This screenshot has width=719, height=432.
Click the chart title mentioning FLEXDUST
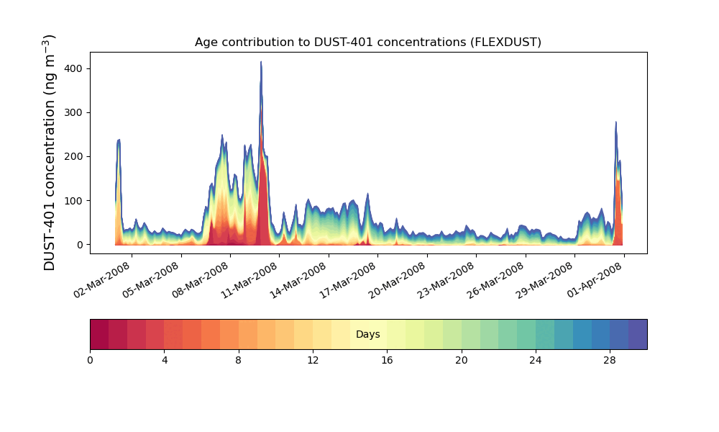[367, 42]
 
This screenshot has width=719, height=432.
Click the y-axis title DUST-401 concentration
[50, 152]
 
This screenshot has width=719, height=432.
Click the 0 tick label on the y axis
[79, 245]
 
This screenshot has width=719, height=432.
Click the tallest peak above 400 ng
[261, 63]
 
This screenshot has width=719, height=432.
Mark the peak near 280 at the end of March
[616, 122]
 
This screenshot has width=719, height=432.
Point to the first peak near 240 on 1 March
[119, 140]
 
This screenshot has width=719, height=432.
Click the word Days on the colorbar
[367, 335]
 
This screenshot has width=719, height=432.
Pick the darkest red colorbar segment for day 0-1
[99, 334]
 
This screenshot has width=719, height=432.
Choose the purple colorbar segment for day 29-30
[638, 334]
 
